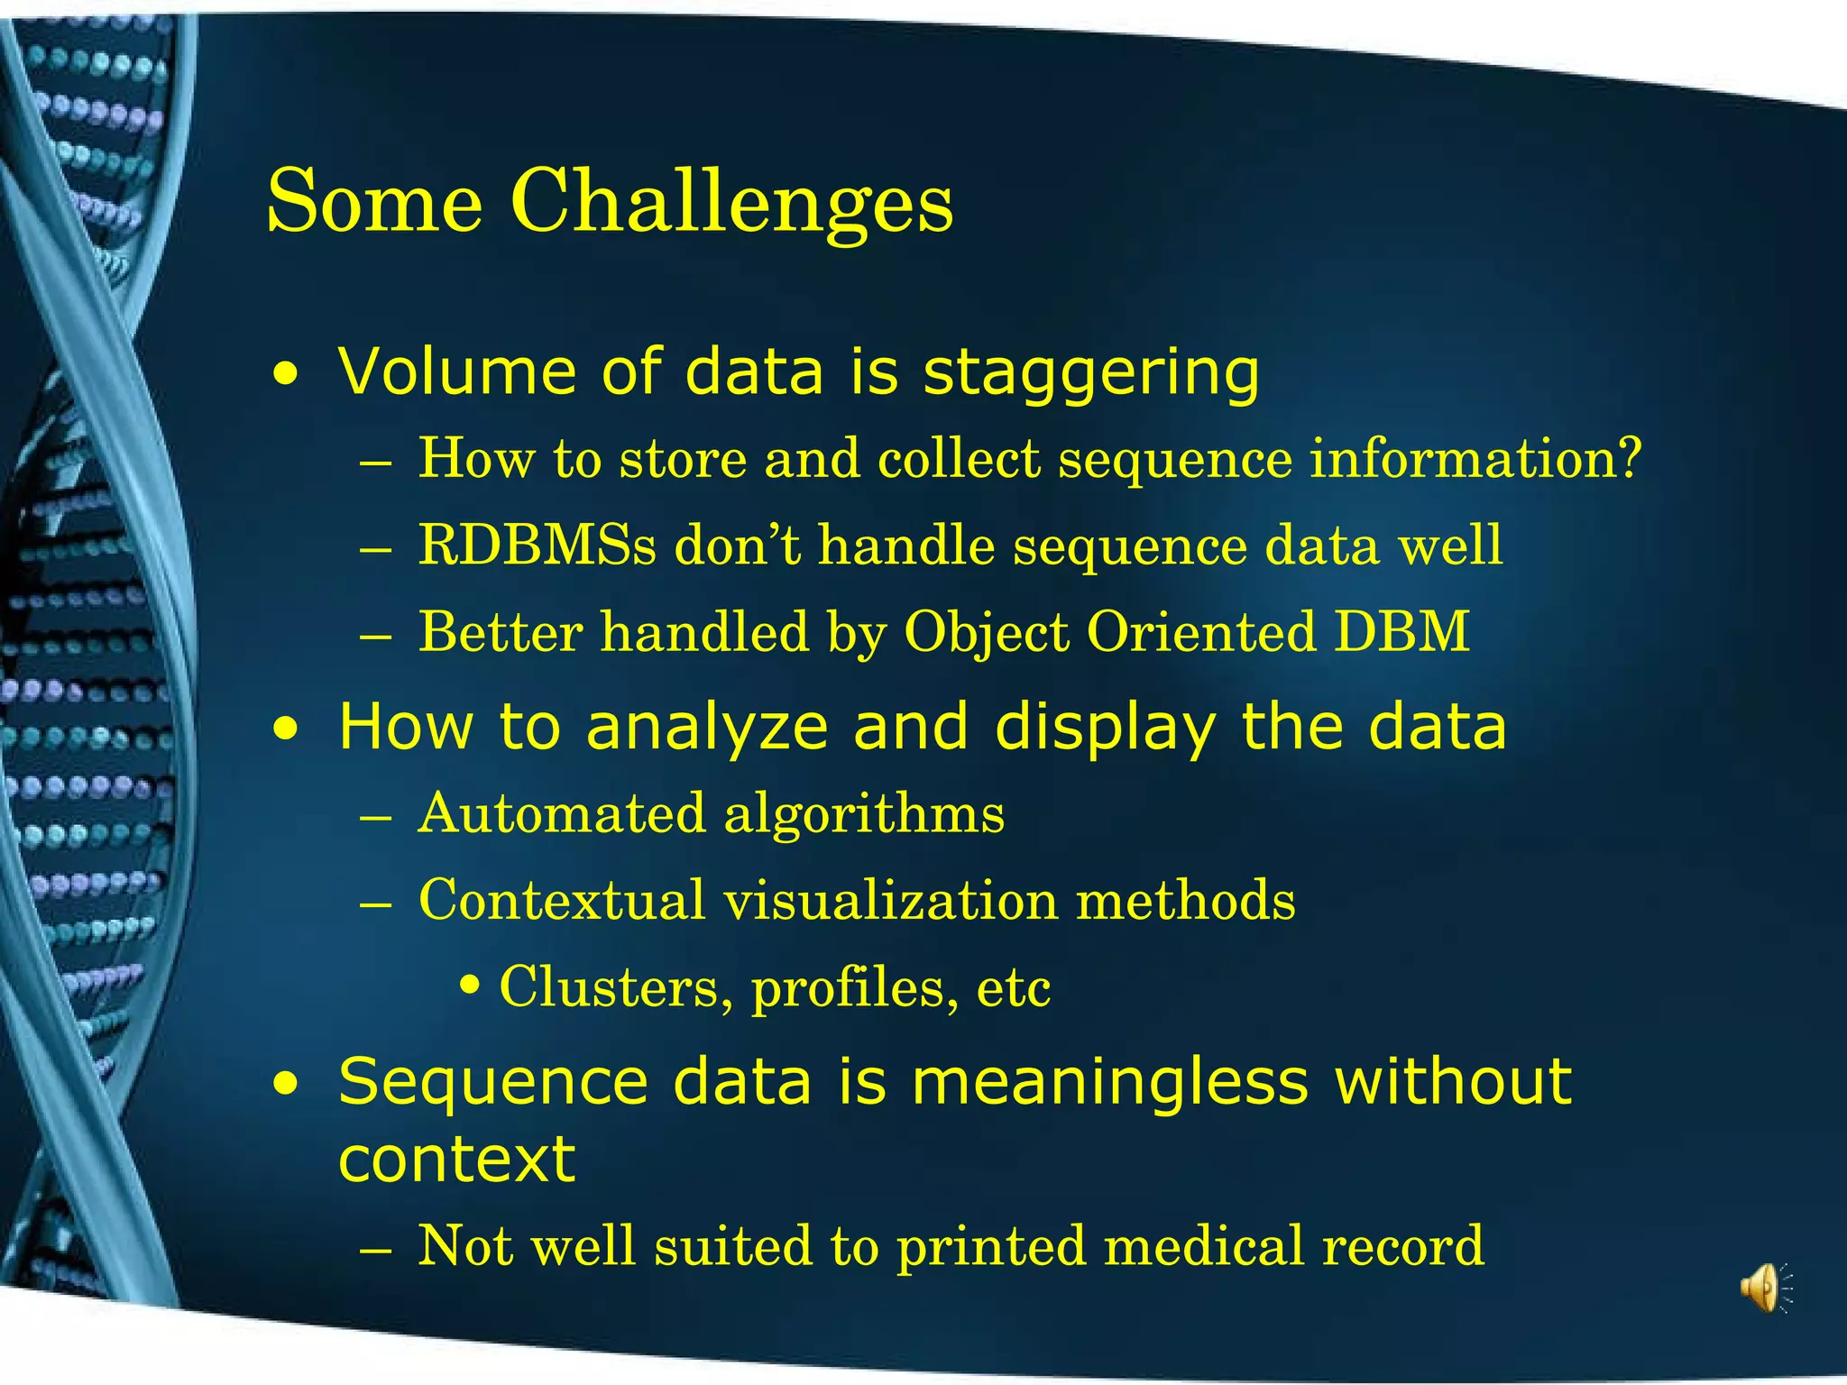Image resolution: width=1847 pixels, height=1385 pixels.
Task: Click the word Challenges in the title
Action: coord(731,203)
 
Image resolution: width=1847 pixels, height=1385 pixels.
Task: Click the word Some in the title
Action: coord(374,203)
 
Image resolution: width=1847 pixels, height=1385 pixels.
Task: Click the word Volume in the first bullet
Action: coord(456,371)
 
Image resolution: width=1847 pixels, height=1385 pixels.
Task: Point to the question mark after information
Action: coord(1628,458)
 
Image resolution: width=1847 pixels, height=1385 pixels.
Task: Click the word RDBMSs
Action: coord(538,546)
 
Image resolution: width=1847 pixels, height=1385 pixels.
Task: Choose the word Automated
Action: coord(562,813)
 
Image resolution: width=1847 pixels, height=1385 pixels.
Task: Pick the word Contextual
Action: coord(562,900)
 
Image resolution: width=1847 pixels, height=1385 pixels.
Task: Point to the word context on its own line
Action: coord(456,1160)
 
